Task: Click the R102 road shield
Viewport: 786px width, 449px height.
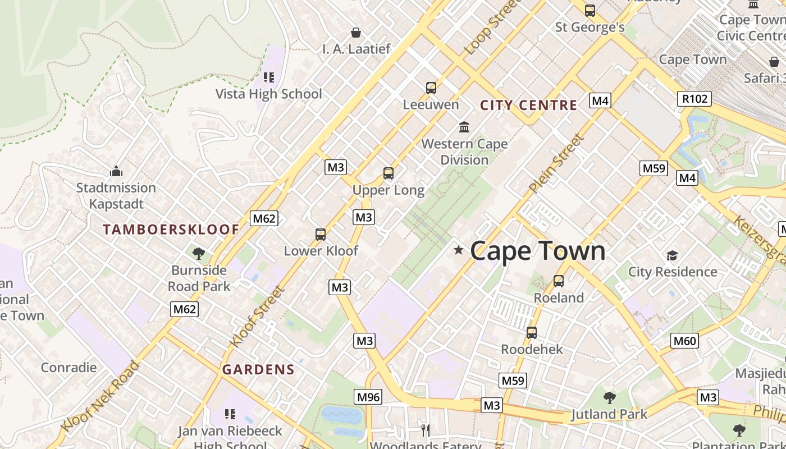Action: pos(694,99)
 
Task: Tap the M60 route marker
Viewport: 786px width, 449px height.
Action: pos(684,340)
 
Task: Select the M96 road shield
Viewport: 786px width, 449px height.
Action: pos(368,397)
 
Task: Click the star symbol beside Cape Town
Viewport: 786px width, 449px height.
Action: pos(459,250)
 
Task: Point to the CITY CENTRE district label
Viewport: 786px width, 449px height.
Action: pos(528,105)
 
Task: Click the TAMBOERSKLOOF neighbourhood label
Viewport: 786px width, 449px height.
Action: pos(171,229)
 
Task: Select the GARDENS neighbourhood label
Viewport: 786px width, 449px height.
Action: pos(258,369)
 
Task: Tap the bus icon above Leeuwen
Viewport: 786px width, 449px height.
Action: pos(431,88)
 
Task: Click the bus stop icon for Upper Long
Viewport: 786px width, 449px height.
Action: pos(389,173)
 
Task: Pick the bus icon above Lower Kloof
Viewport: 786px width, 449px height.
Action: pos(321,234)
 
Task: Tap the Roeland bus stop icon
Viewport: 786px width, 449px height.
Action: pos(559,281)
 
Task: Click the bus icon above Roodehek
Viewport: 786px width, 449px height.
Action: pos(532,333)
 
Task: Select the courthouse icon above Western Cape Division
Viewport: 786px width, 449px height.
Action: pos(464,127)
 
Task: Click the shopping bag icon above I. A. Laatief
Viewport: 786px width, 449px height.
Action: pos(356,33)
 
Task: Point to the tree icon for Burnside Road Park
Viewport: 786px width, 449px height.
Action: pos(198,254)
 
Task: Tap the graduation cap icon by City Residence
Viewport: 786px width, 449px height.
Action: pos(672,256)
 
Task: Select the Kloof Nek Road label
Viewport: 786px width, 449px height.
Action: pos(99,397)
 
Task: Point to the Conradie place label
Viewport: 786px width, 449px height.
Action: pos(68,368)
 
